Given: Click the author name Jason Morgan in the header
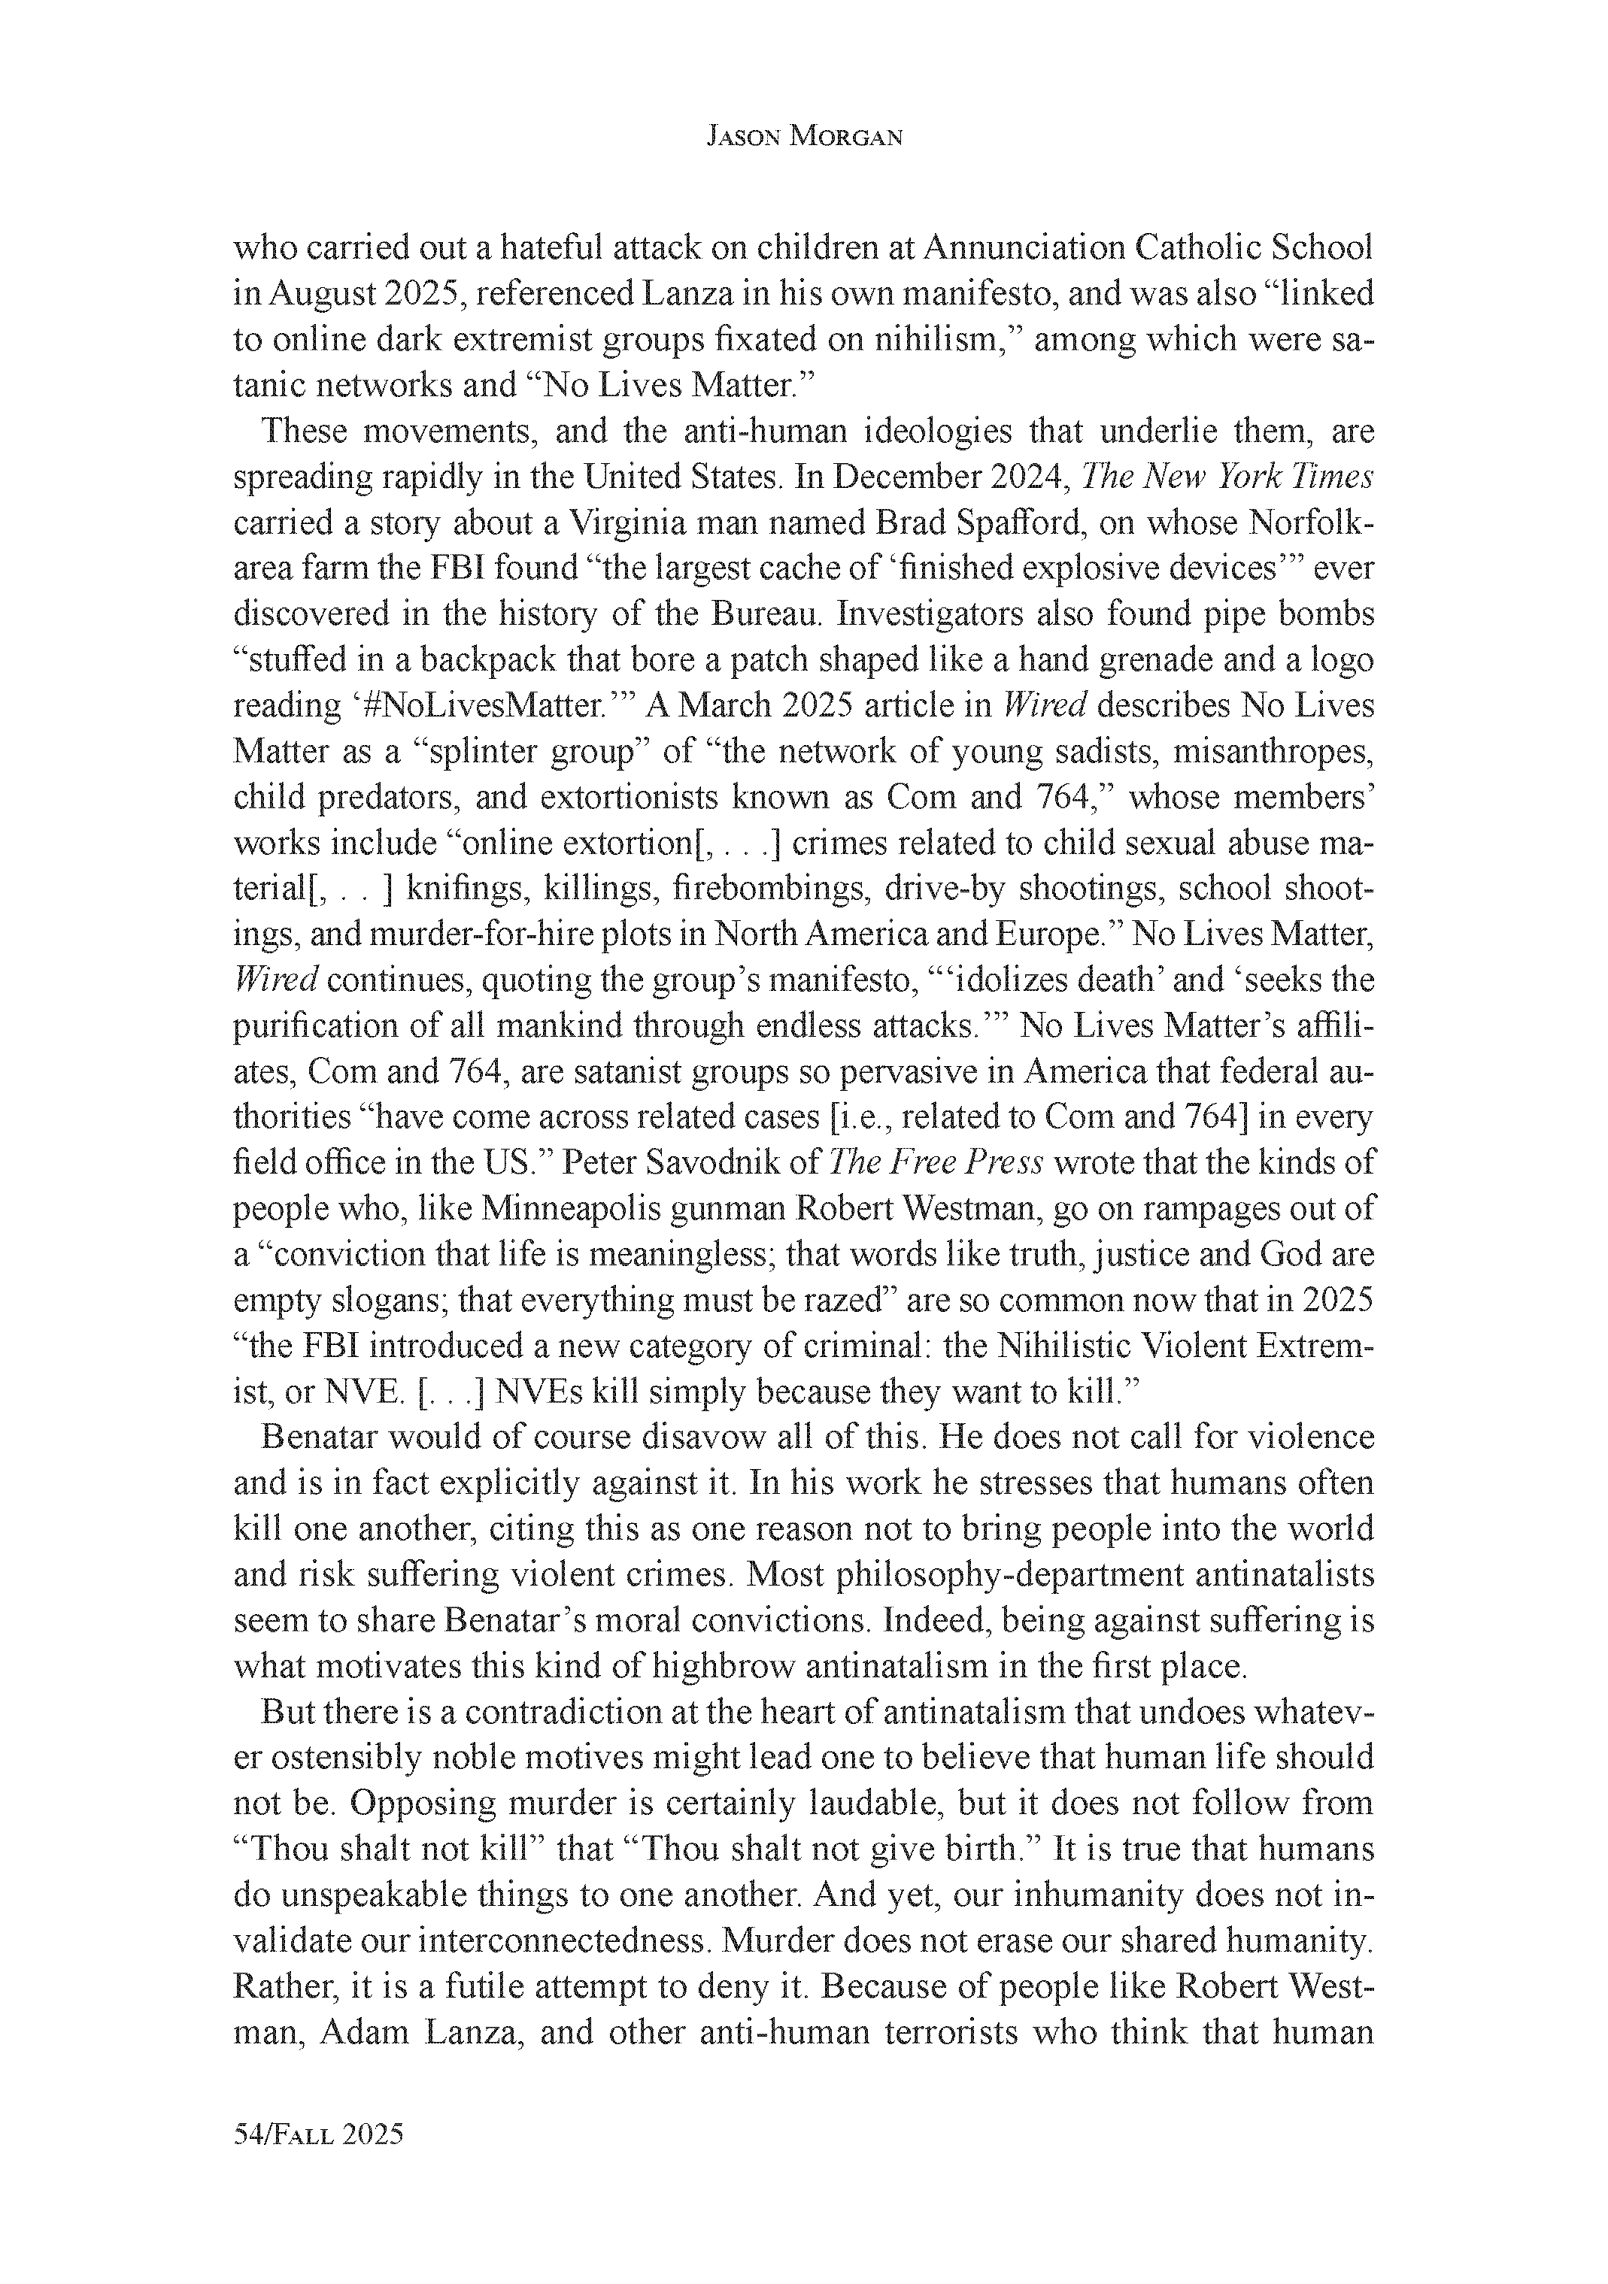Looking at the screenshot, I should [x=804, y=138].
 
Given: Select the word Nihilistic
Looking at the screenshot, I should [x=1065, y=1345].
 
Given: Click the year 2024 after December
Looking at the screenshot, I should [x=1028, y=477].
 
